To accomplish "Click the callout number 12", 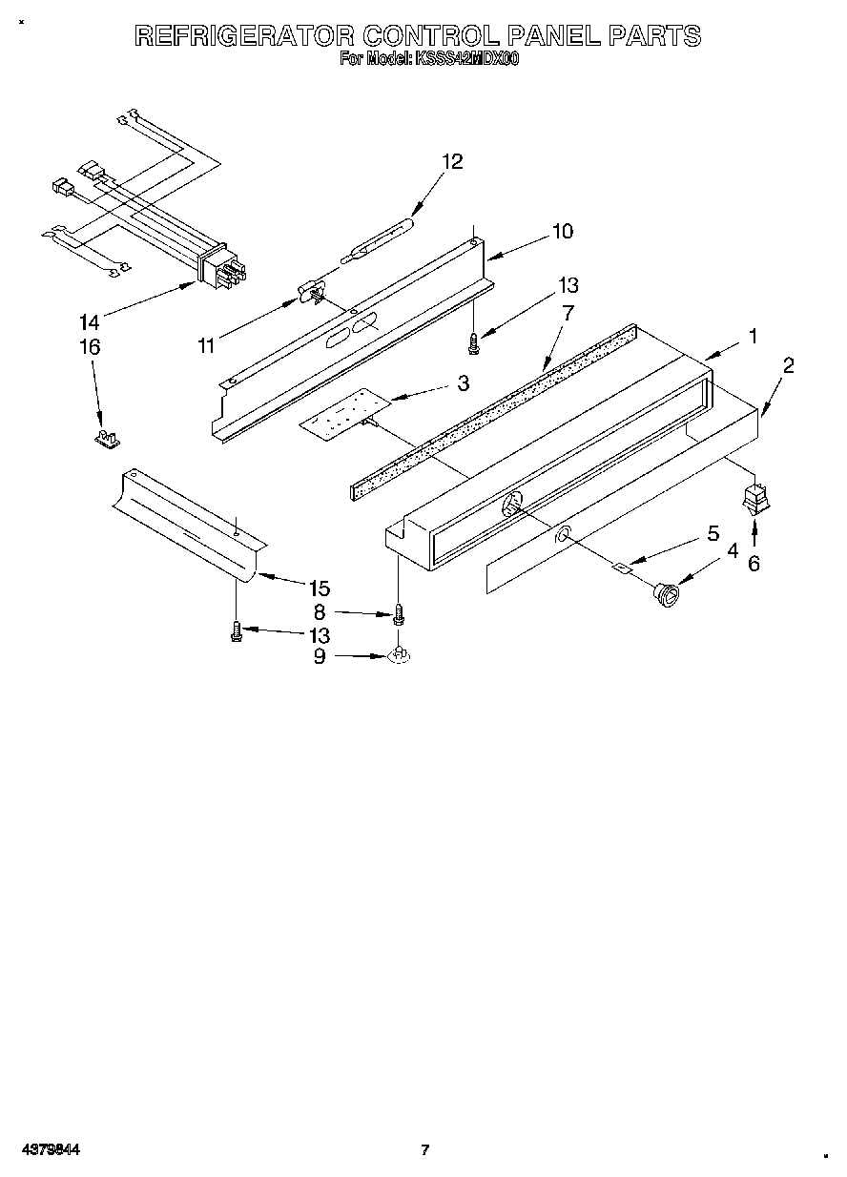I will click(x=451, y=161).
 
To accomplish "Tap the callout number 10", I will click(x=562, y=231).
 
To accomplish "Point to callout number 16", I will click(x=89, y=347).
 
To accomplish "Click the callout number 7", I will click(x=568, y=311).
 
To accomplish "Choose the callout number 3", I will click(x=463, y=383).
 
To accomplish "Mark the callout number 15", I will click(x=318, y=588).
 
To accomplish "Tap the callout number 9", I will click(x=320, y=656).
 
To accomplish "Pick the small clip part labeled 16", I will click(x=107, y=438).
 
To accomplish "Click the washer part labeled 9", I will click(x=401, y=656).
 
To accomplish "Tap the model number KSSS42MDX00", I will click(x=465, y=59).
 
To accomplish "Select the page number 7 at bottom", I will click(x=425, y=1149).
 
